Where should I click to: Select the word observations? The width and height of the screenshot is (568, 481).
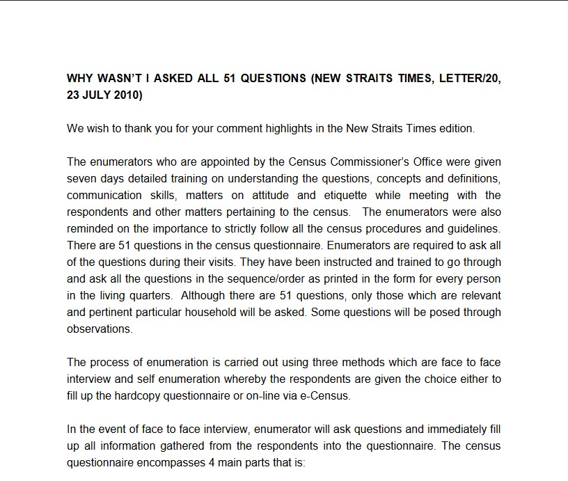[100, 329]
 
